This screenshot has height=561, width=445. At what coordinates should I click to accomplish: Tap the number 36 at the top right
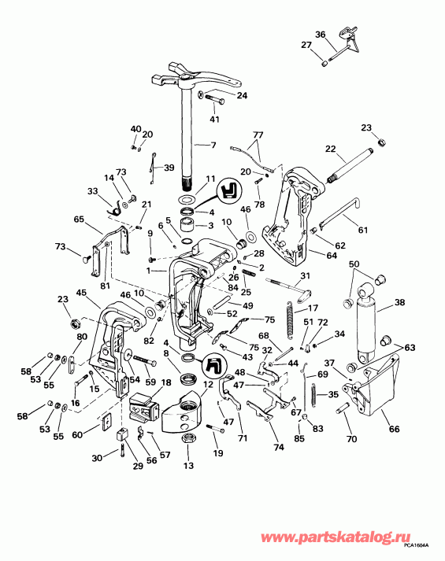[x=320, y=34]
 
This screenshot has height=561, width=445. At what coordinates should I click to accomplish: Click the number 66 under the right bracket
[x=394, y=429]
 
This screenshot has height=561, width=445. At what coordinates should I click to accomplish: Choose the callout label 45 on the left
[x=80, y=293]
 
